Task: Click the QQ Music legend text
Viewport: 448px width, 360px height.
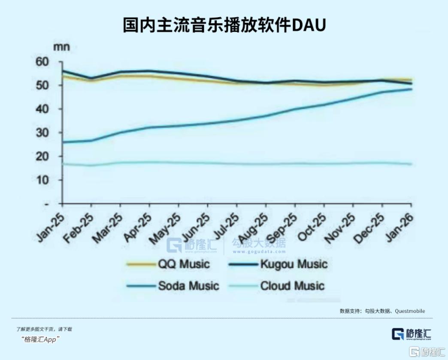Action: (x=183, y=263)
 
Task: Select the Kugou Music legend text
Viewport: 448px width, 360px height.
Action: (x=294, y=263)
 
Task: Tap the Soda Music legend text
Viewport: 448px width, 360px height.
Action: (x=188, y=286)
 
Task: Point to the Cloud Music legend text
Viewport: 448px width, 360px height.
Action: (x=292, y=286)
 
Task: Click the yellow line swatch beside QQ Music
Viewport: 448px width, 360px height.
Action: (x=140, y=264)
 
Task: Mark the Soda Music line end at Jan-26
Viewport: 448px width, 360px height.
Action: (x=412, y=89)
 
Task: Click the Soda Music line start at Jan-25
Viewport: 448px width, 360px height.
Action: (x=63, y=142)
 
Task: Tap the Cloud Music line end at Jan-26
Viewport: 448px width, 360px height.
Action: (x=412, y=164)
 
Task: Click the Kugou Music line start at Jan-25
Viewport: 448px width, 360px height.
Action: (x=63, y=71)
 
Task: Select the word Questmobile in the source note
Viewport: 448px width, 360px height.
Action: (x=410, y=311)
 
